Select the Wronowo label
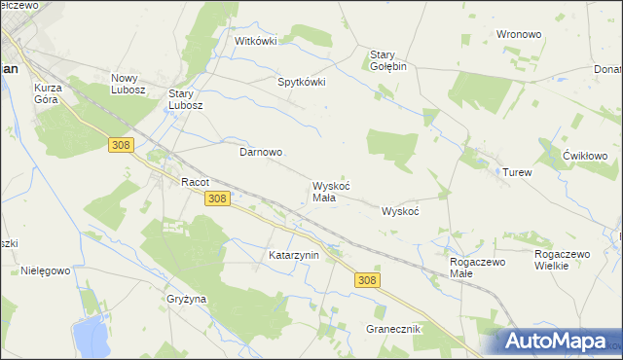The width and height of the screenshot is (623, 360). (518, 34)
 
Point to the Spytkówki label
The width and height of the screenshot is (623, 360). (302, 83)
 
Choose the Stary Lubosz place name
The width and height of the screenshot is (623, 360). (185, 99)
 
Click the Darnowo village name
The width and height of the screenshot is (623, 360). (261, 153)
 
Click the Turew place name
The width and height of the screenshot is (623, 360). (517, 172)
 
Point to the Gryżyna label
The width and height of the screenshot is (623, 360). (186, 299)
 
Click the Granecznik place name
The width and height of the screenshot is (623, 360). (392, 329)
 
